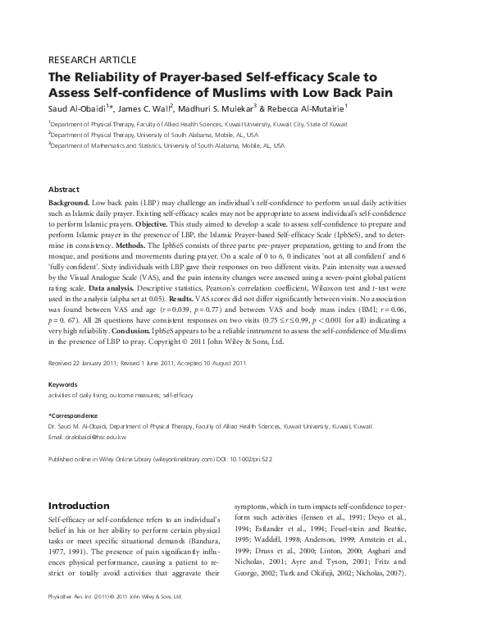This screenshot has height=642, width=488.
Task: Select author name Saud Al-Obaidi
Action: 76,107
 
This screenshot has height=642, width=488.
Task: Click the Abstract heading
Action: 64,188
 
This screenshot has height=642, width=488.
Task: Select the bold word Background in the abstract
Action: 69,201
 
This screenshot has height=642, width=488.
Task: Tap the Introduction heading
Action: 79,506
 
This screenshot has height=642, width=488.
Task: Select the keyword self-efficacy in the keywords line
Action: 179,396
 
